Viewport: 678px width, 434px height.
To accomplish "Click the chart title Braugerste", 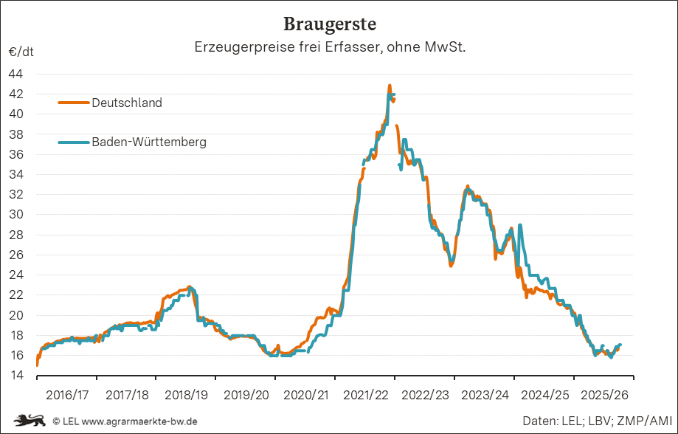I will coord(330,24).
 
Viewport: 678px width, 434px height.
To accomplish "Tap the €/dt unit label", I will coord(21,52).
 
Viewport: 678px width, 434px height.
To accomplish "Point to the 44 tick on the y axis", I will coord(15,74).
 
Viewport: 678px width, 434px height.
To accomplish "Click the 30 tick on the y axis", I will coord(15,215).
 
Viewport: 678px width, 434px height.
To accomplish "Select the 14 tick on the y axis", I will coord(15,376).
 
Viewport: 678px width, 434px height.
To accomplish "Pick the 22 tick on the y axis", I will coord(15,295).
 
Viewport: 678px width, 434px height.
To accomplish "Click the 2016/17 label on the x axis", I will coord(67,395).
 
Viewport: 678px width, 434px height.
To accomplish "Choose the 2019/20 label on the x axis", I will coord(246,395).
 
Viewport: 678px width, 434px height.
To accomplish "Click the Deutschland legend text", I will coord(126,103).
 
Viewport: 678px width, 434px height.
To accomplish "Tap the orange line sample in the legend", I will coord(73,103).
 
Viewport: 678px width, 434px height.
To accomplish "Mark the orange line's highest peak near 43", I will coord(390,86).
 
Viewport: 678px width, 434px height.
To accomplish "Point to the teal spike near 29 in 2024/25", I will coord(520,225).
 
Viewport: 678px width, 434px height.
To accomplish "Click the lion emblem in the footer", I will coord(30,420).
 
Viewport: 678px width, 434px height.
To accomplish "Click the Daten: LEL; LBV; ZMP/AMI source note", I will coord(595,421).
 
